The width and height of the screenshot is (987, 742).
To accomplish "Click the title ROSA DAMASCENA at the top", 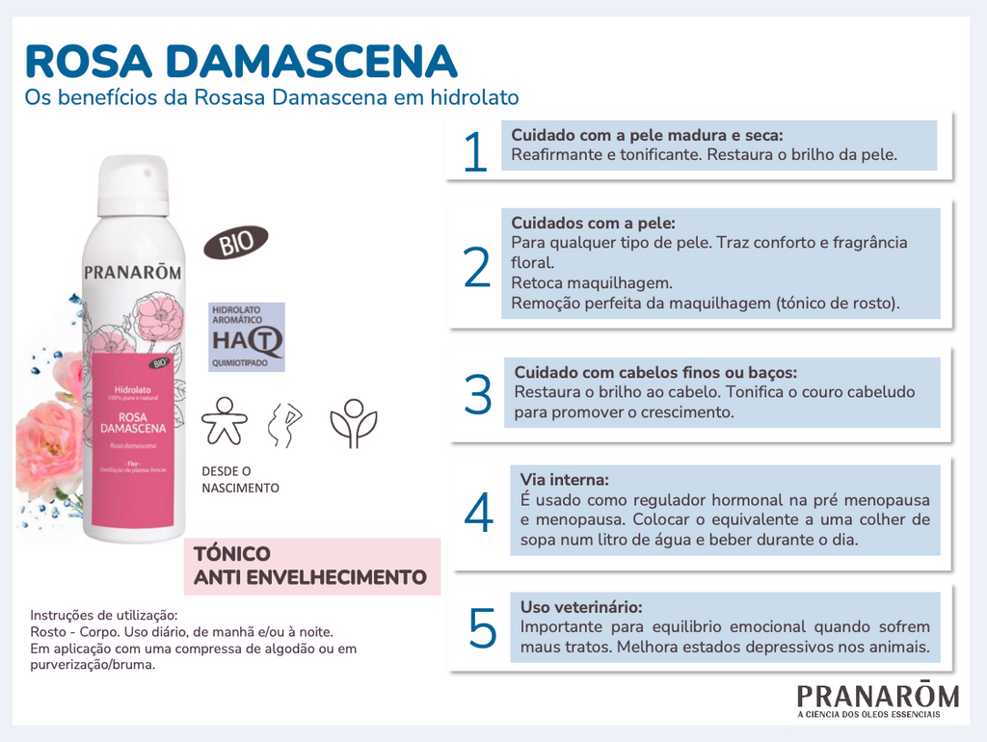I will tap(240, 60).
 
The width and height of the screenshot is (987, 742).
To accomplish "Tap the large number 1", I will tap(475, 153).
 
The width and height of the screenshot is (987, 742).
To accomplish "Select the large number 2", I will tap(477, 269).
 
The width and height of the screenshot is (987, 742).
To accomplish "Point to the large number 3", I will tap(478, 395).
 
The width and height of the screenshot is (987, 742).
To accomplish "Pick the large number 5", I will tap(482, 629).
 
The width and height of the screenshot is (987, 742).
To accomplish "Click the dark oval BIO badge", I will tap(236, 242).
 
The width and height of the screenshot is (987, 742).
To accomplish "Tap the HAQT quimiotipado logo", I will tap(248, 337).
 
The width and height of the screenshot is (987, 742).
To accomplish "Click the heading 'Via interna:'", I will tap(565, 480).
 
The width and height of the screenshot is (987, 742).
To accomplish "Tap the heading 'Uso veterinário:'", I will tap(581, 607).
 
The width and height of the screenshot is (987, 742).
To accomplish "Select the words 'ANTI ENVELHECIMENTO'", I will tap(310, 577).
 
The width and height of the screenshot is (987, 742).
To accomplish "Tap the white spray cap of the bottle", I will tap(133, 185).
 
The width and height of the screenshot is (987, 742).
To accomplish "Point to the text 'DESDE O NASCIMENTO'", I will tap(240, 480).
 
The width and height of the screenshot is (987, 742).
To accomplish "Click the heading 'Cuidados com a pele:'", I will tap(593, 223).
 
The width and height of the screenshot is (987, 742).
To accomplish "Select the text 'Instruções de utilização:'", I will tap(104, 615).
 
